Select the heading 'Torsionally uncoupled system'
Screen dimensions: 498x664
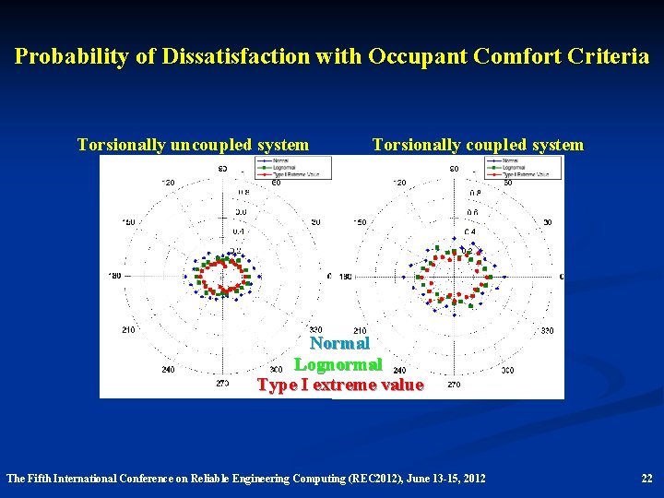pos(193,145)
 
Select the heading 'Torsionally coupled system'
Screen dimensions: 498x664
pos(477,145)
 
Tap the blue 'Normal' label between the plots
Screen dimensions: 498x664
pos(339,344)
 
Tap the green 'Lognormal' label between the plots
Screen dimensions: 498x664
pos(338,365)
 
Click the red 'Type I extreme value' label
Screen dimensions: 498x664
pos(340,385)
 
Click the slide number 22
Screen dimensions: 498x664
pos(646,478)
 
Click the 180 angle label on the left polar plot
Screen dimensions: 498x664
pos(115,276)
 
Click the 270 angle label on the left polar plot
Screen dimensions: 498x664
pos(222,383)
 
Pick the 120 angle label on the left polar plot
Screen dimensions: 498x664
pos(168,184)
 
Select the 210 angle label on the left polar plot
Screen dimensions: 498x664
pos(128,330)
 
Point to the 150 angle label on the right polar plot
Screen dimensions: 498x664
pos(360,222)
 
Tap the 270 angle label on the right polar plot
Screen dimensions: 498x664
pos(454,384)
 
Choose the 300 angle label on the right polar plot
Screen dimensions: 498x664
pos(507,369)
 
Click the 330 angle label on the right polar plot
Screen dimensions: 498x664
pos(547,330)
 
